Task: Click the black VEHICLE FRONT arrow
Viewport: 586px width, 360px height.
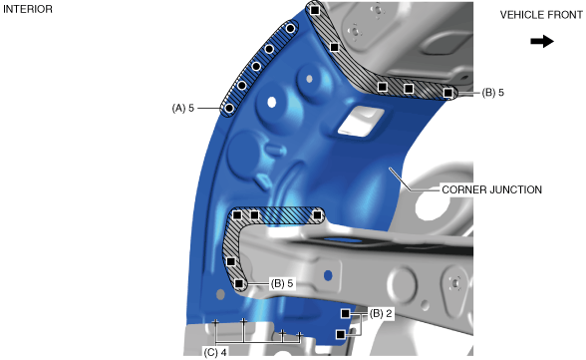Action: [x=542, y=41]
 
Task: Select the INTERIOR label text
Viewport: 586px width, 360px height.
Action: [x=28, y=9]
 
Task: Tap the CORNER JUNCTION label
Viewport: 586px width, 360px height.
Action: [x=491, y=189]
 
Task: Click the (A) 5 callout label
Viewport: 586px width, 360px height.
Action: [x=183, y=108]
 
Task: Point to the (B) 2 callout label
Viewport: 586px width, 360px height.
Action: [x=381, y=313]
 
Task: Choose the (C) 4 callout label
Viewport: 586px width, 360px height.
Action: [x=215, y=352]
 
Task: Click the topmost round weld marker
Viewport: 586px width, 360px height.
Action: [x=290, y=28]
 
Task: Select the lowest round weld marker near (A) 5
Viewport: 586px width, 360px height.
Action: [x=229, y=109]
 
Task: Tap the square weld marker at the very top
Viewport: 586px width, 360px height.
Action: [x=315, y=10]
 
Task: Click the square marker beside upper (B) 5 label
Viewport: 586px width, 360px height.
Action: [x=447, y=93]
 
